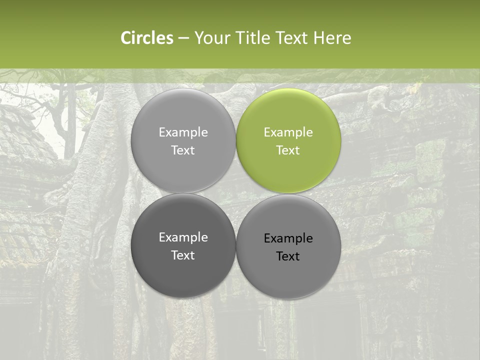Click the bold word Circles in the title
147,38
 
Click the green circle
288,140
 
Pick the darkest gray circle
183,245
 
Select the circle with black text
288,246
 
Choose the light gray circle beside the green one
183,140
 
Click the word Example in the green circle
288,132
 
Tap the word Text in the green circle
288,150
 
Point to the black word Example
288,238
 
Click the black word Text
288,256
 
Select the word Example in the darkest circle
183,237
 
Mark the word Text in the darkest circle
183,255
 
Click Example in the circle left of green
183,132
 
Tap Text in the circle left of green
183,150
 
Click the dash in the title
183,38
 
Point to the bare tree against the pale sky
62,115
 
